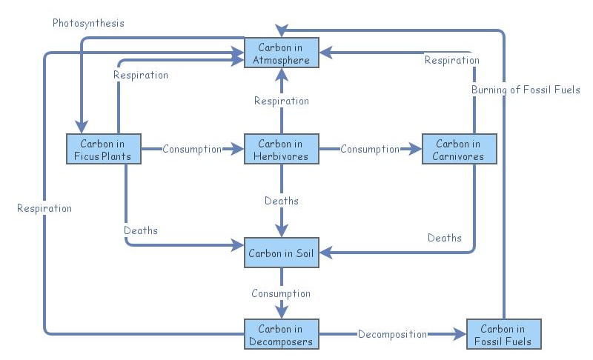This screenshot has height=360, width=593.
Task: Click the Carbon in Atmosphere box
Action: pyautogui.click(x=281, y=53)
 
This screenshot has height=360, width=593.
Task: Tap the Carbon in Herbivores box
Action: pyautogui.click(x=281, y=150)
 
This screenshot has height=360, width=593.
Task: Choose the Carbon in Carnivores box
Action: pyautogui.click(x=459, y=150)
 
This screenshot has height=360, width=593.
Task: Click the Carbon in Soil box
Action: pyautogui.click(x=281, y=253)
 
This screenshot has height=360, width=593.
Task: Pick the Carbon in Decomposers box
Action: pyautogui.click(x=281, y=334)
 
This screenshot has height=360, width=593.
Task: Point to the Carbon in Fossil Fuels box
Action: pyautogui.click(x=503, y=334)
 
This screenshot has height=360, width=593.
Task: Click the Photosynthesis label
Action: pyautogui.click(x=88, y=23)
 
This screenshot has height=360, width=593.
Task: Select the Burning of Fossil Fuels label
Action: pyautogui.click(x=526, y=90)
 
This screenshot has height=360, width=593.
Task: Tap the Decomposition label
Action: pyautogui.click(x=392, y=334)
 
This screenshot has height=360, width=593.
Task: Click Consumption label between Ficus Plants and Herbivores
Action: pyautogui.click(x=192, y=149)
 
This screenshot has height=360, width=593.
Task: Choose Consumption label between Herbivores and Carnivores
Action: pyautogui.click(x=370, y=149)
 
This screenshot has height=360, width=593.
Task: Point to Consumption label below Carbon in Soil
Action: pyautogui.click(x=281, y=293)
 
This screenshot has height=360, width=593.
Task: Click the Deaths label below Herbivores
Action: pyautogui.click(x=281, y=201)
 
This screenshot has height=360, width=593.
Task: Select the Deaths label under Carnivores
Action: pyautogui.click(x=445, y=238)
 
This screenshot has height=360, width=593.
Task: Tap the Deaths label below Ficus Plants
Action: pyautogui.click(x=141, y=230)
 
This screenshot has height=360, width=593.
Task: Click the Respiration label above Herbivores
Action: pyautogui.click(x=281, y=101)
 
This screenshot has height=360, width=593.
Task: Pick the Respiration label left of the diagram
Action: pyautogui.click(x=44, y=208)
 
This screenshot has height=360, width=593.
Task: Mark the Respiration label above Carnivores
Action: pyautogui.click(x=451, y=60)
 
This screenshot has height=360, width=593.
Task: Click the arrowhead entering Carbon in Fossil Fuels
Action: pyautogui.click(x=460, y=334)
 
